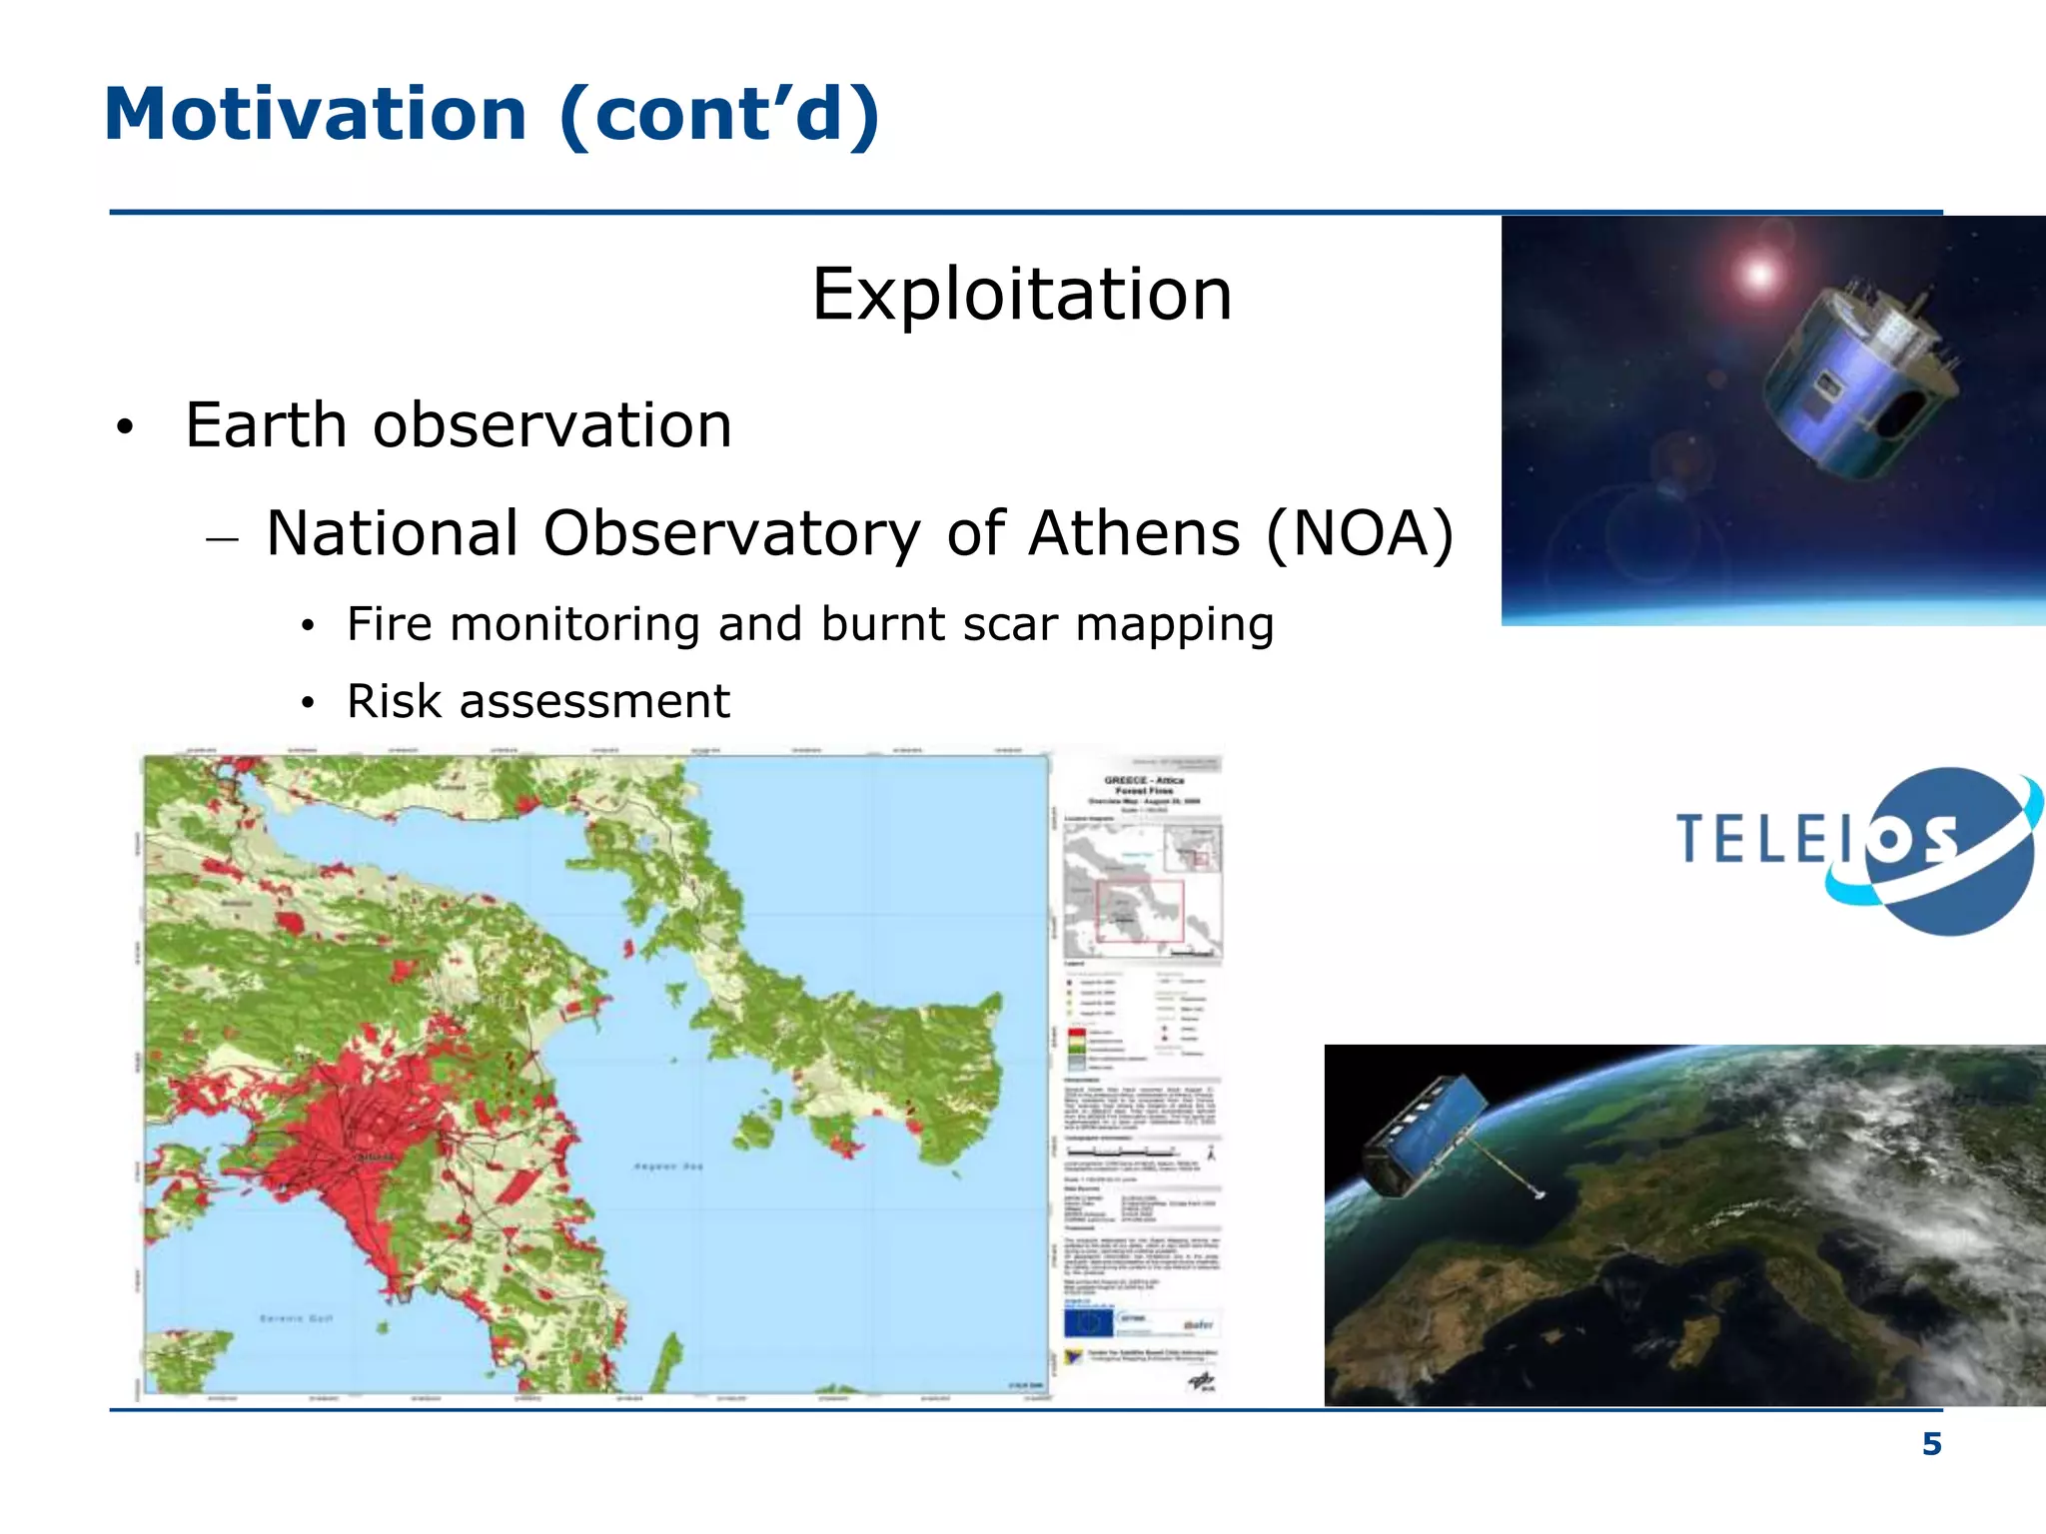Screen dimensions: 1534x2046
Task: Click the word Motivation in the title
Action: (x=315, y=115)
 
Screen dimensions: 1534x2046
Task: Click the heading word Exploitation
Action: (x=1021, y=295)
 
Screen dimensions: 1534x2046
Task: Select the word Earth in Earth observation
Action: (x=266, y=426)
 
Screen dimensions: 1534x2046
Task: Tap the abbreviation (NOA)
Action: (x=1359, y=533)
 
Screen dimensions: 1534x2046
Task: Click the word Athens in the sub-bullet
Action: (x=1133, y=533)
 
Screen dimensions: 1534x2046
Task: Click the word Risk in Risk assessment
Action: (x=394, y=701)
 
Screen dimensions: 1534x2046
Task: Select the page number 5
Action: (x=1931, y=1444)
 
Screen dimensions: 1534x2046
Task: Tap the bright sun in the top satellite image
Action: (x=1758, y=273)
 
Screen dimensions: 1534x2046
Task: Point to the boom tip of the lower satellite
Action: (x=1539, y=1193)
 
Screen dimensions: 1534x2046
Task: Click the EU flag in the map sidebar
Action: (x=1087, y=1324)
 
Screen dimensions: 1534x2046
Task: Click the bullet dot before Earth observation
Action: (x=124, y=427)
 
